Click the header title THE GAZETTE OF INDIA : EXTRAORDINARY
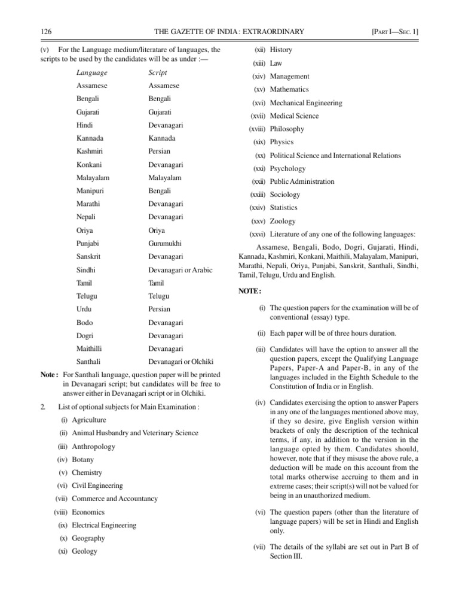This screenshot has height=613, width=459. (229, 31)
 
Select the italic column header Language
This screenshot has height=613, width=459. (92, 72)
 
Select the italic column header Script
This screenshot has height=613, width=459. (158, 72)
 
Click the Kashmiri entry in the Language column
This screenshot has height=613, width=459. (90, 151)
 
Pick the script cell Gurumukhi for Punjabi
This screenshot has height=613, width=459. (165, 244)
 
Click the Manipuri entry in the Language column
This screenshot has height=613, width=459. (90, 191)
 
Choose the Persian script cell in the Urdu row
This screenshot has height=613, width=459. (159, 309)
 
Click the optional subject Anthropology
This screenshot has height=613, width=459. (94, 447)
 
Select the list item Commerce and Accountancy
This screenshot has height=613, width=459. (115, 499)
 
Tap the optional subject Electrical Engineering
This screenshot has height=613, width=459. (104, 525)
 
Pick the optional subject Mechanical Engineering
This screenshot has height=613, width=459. (306, 103)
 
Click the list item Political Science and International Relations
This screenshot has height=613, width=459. (335, 156)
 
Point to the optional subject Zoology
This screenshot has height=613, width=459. (283, 221)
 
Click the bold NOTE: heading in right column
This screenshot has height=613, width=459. (250, 291)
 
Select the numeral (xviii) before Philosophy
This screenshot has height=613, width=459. (258, 129)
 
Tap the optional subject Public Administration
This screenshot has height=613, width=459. (302, 182)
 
